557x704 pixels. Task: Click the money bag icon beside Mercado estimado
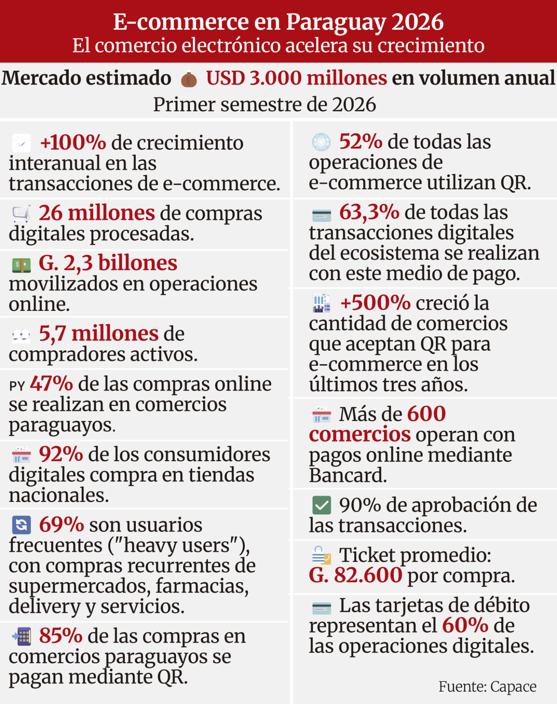[x=189, y=79]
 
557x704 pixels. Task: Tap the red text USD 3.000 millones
[x=296, y=78]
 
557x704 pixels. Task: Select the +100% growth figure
[x=73, y=143]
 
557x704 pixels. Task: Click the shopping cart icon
[x=21, y=213]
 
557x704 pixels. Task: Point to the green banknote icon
[x=21, y=265]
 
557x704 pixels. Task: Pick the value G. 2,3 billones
[x=108, y=263]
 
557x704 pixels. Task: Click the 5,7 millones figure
[x=99, y=334]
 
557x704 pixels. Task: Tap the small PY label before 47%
[x=17, y=386]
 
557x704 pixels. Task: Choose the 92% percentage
[x=61, y=454]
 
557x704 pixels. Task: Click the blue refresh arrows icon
[x=21, y=525]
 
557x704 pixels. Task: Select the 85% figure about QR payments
[x=61, y=636]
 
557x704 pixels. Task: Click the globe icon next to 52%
[x=321, y=142]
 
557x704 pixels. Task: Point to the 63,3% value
[x=369, y=212]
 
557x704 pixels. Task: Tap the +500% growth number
[x=375, y=303]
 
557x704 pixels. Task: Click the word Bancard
[x=348, y=476]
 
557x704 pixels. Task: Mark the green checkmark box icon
[x=321, y=505]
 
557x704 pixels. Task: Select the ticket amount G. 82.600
[x=355, y=576]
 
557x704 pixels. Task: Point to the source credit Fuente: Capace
[x=487, y=687]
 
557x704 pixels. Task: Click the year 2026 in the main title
[x=418, y=22]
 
